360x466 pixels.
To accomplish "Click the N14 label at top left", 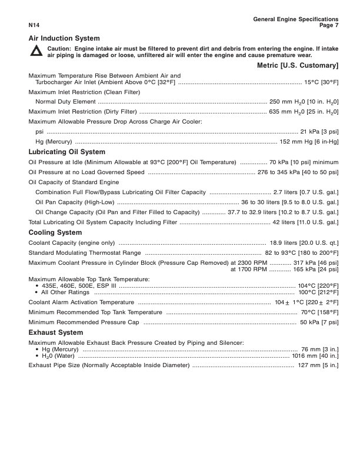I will pos(34,25).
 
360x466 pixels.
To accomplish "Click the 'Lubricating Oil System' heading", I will pos(66,152).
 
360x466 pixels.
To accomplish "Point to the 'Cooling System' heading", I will pos(55,232).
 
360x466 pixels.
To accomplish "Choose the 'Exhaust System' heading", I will pos(55,332).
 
